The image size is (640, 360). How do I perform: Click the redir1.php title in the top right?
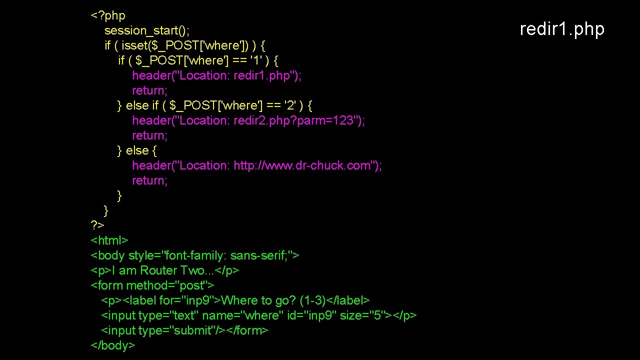(562, 29)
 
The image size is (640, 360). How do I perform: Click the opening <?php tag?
(107, 15)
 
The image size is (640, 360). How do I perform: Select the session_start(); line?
(147, 30)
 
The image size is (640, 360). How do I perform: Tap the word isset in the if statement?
(134, 45)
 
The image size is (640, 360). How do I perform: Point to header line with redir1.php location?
(216, 75)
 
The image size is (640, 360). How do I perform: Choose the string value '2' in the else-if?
(289, 105)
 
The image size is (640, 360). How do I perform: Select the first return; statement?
(149, 90)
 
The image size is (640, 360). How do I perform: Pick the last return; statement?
(149, 180)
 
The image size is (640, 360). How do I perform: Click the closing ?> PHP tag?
(97, 225)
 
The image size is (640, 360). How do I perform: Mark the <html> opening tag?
(109, 240)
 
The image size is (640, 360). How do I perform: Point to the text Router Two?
(173, 270)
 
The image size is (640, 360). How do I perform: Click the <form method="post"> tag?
(152, 285)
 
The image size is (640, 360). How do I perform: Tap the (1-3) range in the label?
(312, 300)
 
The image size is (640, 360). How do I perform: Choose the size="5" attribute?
(362, 315)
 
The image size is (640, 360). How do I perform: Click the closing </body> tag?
(112, 345)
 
